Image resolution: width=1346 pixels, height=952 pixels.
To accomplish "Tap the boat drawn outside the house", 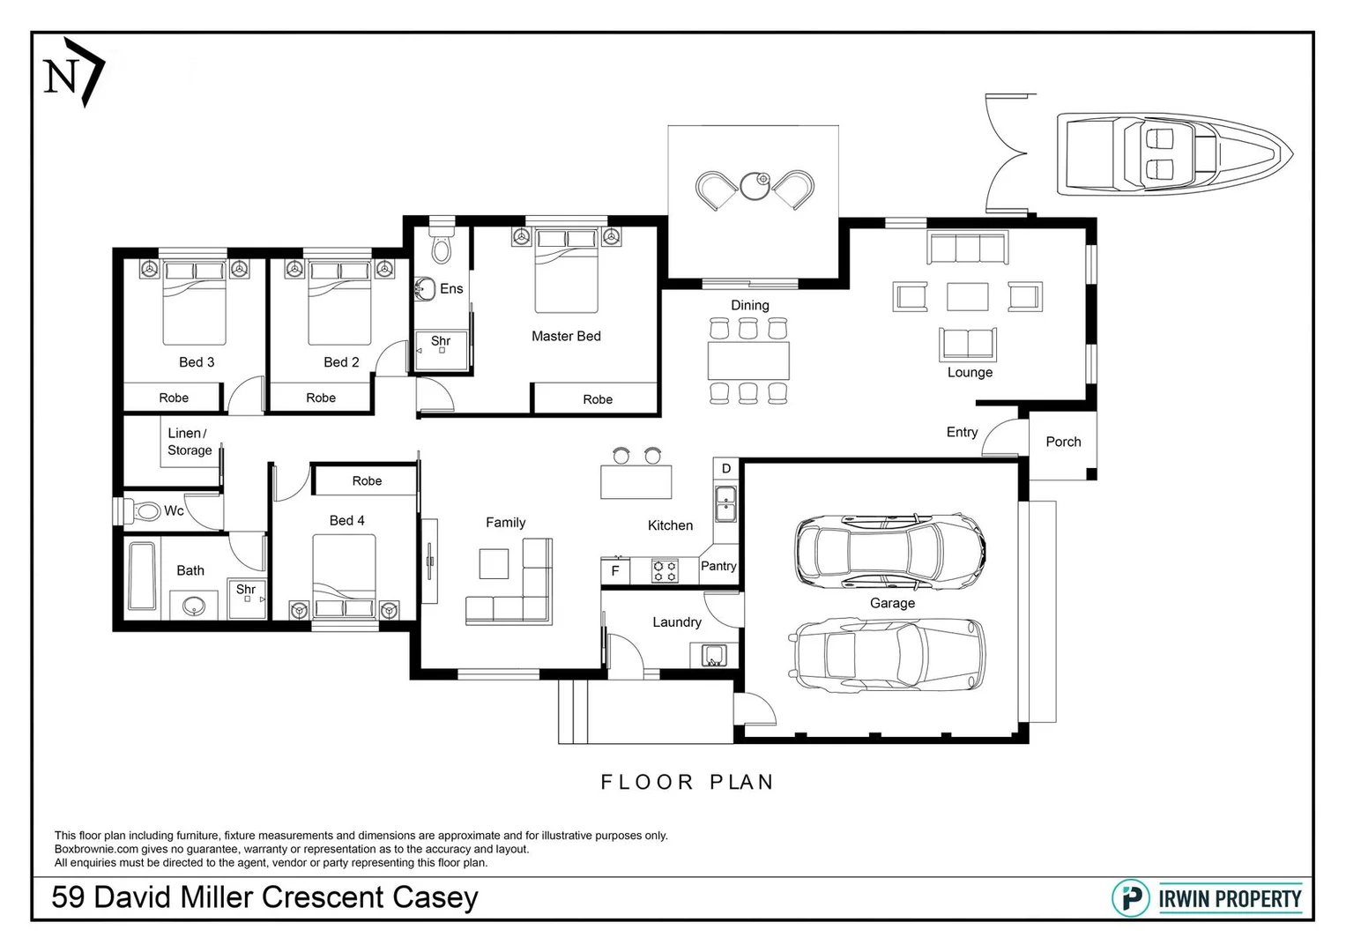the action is pos(1175,154).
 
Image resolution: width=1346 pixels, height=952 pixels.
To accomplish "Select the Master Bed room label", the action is pos(566,336).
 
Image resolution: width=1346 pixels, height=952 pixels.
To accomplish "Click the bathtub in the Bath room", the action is pos(143,576).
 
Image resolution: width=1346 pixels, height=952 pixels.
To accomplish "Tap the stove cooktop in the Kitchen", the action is pos(666,571).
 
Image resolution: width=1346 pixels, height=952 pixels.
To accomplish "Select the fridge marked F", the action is pos(615,570).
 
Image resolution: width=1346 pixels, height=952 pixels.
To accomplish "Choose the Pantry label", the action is pos(718,566).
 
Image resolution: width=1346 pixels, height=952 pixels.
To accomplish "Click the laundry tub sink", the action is pos(714,655).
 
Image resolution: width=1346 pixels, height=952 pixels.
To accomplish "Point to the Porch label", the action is pos(1063,442).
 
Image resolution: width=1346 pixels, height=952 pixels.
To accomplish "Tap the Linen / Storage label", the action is pos(190,442).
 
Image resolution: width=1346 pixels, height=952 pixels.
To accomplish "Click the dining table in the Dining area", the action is pos(748,361).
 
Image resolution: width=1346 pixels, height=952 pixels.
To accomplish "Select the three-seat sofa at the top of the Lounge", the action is pos(968,248).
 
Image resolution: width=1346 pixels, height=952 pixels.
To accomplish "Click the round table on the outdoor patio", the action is pos(755,185).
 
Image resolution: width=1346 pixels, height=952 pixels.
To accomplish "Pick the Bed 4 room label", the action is pos(346,520).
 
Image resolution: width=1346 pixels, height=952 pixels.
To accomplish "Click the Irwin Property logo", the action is pos(1207,898).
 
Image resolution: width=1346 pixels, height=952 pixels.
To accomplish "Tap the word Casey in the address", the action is pos(435,898).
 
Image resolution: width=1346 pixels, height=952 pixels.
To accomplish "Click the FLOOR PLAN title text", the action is pos(687,782).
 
